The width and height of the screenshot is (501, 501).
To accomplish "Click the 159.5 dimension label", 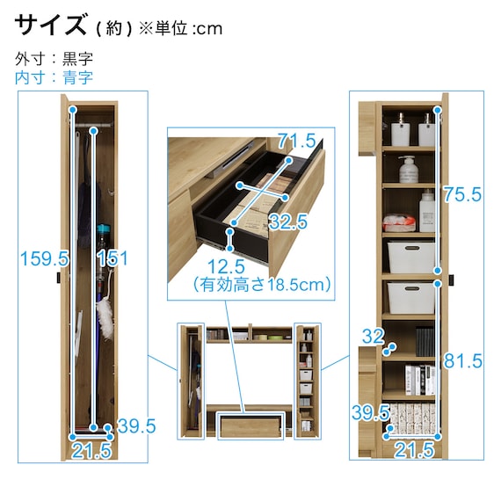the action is tap(45, 258).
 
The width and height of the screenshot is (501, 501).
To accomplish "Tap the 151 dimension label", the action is tap(113, 258).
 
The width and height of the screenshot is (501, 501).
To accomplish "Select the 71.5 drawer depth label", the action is tap(296, 141).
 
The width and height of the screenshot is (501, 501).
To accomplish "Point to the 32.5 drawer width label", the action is tap(288, 221).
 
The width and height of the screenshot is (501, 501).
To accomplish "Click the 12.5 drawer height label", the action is tap(226, 266).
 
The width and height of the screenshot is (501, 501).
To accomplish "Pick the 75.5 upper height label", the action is tap(462, 194).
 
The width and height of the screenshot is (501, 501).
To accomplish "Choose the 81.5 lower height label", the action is tap(463, 361).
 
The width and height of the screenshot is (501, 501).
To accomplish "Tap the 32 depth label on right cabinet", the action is tap(373, 336).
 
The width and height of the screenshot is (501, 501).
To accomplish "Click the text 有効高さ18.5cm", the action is tap(262, 284).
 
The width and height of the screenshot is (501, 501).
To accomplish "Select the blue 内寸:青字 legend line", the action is tap(54, 77).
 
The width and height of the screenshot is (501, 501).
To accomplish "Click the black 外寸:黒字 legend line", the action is tap(54, 59).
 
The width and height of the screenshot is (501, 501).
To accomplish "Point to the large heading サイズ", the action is tap(51, 25).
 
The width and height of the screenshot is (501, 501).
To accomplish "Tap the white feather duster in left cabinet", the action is tap(105, 318).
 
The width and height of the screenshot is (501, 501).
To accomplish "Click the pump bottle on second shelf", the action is tap(409, 170).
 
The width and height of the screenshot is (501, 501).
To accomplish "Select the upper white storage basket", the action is tap(411, 258).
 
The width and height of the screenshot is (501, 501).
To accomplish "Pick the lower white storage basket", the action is tap(411, 298).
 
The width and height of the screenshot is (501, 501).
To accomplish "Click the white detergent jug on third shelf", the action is tap(427, 211).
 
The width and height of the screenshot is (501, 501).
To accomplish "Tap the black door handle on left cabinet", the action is tap(59, 278).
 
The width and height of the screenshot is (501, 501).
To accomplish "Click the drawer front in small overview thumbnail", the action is tap(250, 427).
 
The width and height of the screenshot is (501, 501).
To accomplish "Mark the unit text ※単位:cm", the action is tap(180, 29).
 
